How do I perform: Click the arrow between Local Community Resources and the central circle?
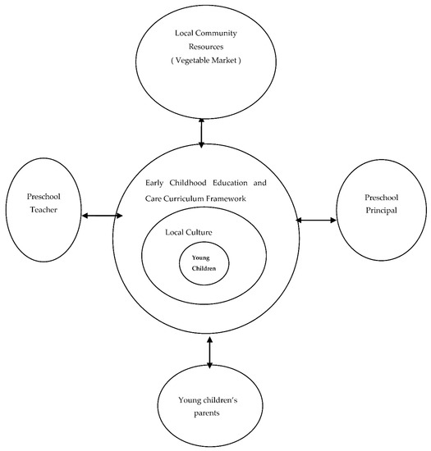coord(202,133)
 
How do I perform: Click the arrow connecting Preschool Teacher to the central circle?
coord(103,216)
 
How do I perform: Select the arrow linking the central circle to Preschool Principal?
coord(316,219)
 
